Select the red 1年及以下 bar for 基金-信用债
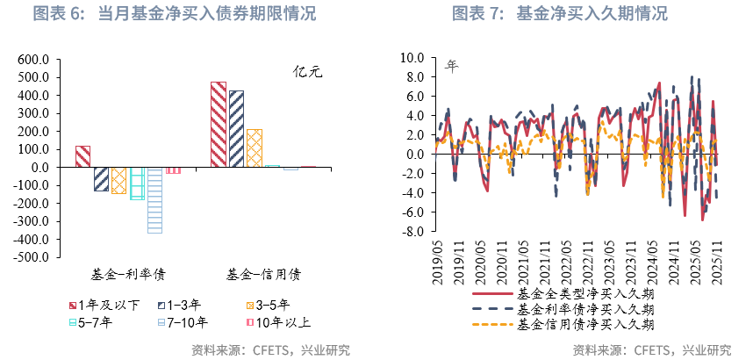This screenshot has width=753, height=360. (219, 124)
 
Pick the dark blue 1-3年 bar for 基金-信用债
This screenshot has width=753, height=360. (236, 128)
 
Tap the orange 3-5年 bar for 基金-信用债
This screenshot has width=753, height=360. (255, 148)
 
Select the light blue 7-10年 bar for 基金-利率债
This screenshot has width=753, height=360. (154, 199)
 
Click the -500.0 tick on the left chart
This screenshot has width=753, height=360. (32, 257)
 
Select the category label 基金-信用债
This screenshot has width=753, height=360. (263, 274)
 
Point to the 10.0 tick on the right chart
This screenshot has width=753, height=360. (412, 58)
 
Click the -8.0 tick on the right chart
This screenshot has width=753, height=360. (412, 231)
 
